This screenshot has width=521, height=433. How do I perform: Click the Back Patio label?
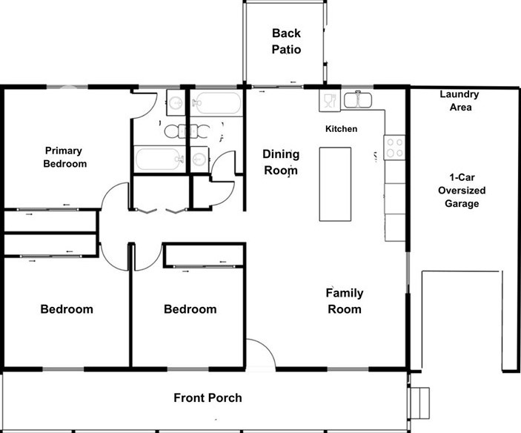pos(286,42)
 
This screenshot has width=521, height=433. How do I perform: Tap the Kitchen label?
pos(341,129)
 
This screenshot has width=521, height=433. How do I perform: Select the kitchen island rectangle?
pos(335,184)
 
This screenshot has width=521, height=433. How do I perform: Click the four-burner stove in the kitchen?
pos(394,148)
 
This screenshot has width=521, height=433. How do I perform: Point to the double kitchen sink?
pos(357,100)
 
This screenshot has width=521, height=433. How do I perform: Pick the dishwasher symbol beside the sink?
pos(330,100)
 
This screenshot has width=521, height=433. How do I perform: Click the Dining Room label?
pos(281,162)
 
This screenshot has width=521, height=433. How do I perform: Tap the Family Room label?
pos(345,301)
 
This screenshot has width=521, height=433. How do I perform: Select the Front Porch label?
pos(208,397)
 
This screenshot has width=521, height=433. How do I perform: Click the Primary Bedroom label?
pos(64,157)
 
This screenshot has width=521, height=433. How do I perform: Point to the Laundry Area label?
pos(459,100)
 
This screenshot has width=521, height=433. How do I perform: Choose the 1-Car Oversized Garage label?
pos(462,191)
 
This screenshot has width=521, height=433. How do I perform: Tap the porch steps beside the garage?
pos(420,403)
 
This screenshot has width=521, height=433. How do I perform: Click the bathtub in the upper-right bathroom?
pos(216,103)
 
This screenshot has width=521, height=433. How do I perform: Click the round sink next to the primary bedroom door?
pos(176,102)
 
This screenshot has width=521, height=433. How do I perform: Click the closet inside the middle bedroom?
pos(204,256)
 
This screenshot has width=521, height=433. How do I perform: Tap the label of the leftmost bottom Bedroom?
pos(67,309)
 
